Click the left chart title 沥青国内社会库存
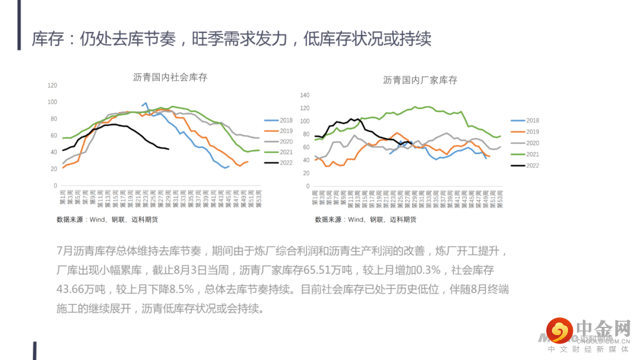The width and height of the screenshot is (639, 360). pyautogui.click(x=170, y=78)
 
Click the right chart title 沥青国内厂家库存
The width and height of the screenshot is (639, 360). pyautogui.click(x=420, y=80)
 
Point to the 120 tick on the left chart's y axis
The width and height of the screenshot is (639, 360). pyautogui.click(x=52, y=85)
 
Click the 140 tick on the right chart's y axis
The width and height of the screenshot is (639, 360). pyautogui.click(x=305, y=95)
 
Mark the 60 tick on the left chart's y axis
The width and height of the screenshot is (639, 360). pyautogui.click(x=54, y=136)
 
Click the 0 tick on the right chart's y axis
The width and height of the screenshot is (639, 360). pyautogui.click(x=308, y=186)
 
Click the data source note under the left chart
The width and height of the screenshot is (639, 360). pyautogui.click(x=107, y=220)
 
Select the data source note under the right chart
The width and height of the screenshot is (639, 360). pyautogui.click(x=366, y=220)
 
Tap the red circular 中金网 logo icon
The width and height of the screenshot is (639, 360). pyautogui.click(x=559, y=330)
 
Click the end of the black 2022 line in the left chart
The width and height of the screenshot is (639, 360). pyautogui.click(x=169, y=149)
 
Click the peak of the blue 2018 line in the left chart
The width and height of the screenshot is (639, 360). pyautogui.click(x=146, y=103)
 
